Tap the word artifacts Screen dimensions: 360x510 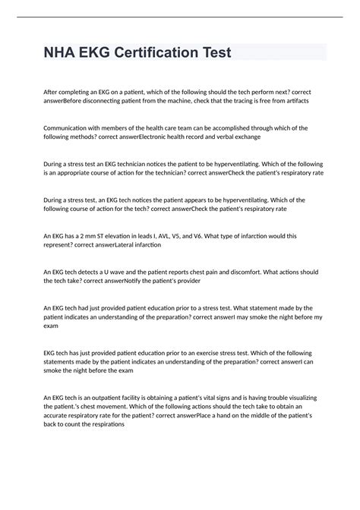pyautogui.click(x=293, y=101)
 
